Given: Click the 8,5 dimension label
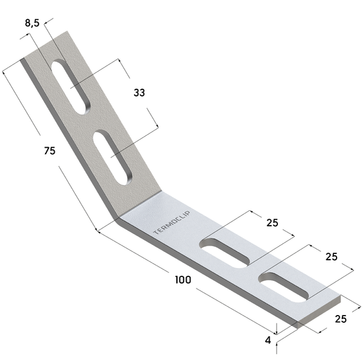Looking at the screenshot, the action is click(x=32, y=23).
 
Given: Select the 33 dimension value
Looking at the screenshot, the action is click(x=139, y=93).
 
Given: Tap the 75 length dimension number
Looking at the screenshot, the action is click(x=50, y=151).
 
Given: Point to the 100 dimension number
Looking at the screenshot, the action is click(x=183, y=280).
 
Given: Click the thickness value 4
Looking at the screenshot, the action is click(x=268, y=340).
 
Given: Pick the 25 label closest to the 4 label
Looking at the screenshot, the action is click(x=340, y=319).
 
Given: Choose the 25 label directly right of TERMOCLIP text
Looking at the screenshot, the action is click(x=272, y=222).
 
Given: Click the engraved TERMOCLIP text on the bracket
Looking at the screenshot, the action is click(x=172, y=222).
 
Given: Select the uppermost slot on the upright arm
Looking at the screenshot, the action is click(x=71, y=87).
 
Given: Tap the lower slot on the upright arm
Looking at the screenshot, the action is click(x=112, y=157).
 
